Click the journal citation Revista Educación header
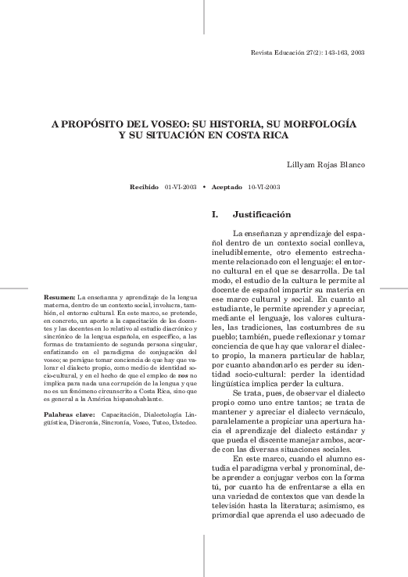[x=306, y=52]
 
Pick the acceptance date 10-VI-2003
[x=264, y=188]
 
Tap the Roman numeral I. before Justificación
[x=215, y=213]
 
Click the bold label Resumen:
[x=59, y=298]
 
